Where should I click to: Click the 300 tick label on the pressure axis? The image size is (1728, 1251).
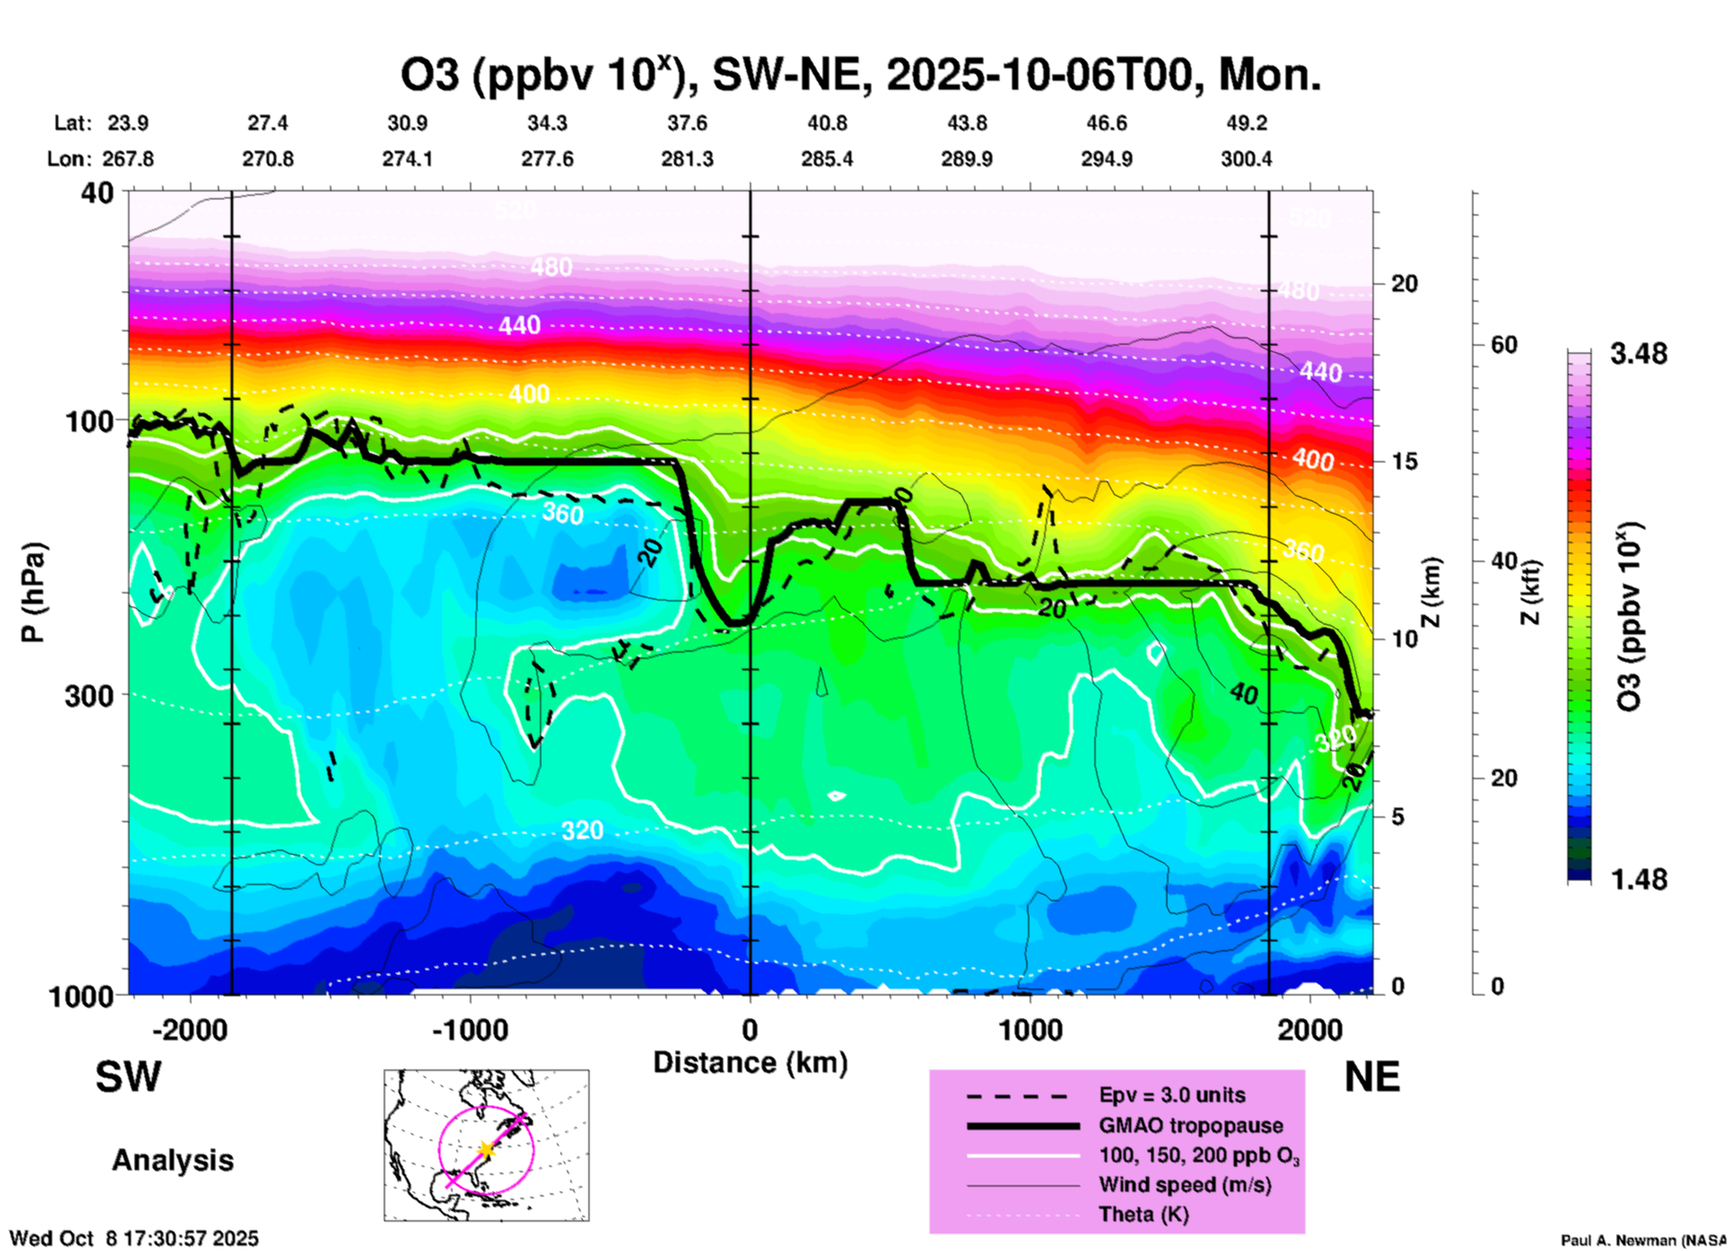pyautogui.click(x=89, y=695)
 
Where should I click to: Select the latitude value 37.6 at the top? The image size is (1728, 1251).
pyautogui.click(x=687, y=123)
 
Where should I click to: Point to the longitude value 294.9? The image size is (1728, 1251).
pyautogui.click(x=1106, y=159)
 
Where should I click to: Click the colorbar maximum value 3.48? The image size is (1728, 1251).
pyautogui.click(x=1638, y=354)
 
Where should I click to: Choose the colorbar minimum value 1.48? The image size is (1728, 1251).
pyautogui.click(x=1638, y=879)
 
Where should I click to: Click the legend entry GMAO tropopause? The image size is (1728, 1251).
pyautogui.click(x=1191, y=1125)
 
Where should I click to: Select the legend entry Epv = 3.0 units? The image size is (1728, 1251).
pyautogui.click(x=1172, y=1095)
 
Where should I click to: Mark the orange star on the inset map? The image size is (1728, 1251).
pyautogui.click(x=485, y=1149)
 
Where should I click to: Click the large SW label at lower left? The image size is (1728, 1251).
pyautogui.click(x=128, y=1077)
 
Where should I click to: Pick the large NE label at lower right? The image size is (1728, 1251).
pyautogui.click(x=1372, y=1077)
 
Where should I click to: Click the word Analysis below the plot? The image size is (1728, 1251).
pyautogui.click(x=172, y=1159)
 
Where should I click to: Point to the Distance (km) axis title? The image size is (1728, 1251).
pyautogui.click(x=750, y=1063)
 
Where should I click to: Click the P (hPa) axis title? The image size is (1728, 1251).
pyautogui.click(x=33, y=592)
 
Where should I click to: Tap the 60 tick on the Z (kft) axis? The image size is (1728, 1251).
pyautogui.click(x=1504, y=345)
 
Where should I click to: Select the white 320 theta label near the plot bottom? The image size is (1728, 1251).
pyautogui.click(x=581, y=830)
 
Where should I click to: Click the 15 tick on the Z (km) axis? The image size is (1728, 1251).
pyautogui.click(x=1404, y=461)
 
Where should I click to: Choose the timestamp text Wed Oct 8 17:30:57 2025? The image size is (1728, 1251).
pyautogui.click(x=134, y=1238)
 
